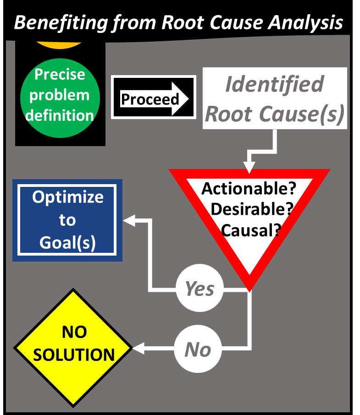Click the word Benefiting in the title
pyautogui.click(x=61, y=22)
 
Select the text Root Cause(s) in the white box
pyautogui.click(x=274, y=114)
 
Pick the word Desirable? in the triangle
pyautogui.click(x=251, y=209)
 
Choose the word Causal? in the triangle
pyautogui.click(x=250, y=229)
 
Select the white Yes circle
pyautogui.click(x=199, y=289)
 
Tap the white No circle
pyautogui.click(x=198, y=350)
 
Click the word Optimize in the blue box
pyautogui.click(x=67, y=197)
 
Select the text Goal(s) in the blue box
pyautogui.click(x=67, y=242)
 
